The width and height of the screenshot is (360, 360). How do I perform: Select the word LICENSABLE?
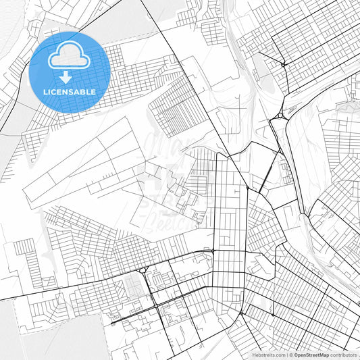coord(69,91)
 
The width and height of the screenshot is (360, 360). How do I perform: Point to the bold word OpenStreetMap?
coord(311,355)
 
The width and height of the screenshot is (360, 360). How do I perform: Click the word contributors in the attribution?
coord(344,355)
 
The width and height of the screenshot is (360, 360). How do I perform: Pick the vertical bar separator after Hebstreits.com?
coord(286,355)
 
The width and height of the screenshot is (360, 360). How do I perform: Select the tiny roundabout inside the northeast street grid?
coord(283,63)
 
